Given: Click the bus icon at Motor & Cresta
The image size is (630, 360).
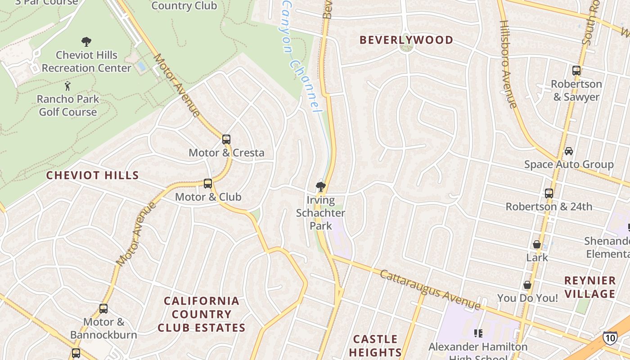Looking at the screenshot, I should click(226, 139).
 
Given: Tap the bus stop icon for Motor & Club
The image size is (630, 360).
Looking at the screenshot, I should click(207, 184).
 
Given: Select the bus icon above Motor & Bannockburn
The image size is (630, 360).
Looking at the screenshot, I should click(103, 309).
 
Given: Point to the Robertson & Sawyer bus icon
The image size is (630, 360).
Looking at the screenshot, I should click(576, 71).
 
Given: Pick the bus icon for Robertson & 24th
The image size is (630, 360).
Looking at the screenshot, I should click(549, 193).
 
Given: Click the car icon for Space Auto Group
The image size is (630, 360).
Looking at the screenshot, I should click(569, 151).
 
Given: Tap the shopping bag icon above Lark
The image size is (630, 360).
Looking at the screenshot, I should click(537, 244).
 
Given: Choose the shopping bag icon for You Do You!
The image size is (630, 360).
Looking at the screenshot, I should click(527, 285).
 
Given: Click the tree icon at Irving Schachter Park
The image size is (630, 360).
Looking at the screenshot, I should click(321, 186).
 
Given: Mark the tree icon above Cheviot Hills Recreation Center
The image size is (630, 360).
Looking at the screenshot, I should click(86, 42).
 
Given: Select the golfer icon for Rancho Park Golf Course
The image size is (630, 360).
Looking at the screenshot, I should click(67, 85).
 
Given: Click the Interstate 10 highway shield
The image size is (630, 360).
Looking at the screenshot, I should click(610, 337).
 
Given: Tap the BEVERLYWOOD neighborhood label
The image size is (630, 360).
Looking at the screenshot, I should click(406, 40).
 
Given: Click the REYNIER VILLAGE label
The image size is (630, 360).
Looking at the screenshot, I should click(590, 287).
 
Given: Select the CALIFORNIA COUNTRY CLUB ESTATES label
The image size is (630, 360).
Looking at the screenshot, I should click(202, 314).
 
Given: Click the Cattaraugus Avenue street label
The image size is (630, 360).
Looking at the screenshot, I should click(430, 290).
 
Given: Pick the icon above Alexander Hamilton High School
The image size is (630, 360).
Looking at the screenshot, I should click(478, 333).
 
